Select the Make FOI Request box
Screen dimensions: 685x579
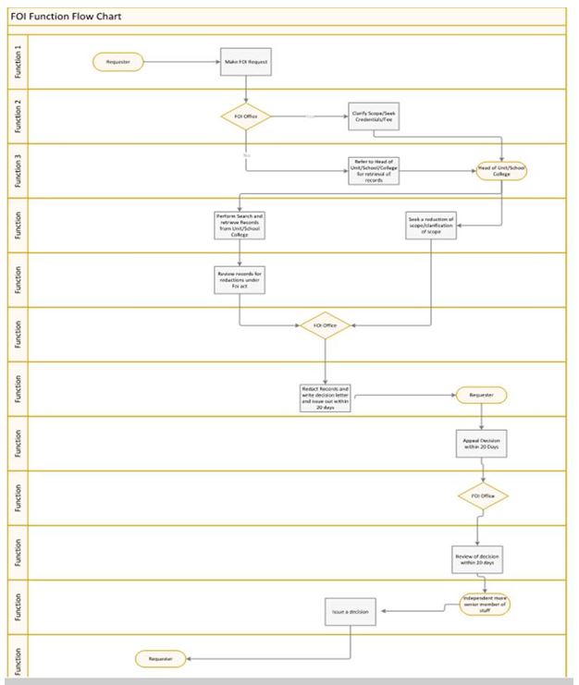tap(247, 62)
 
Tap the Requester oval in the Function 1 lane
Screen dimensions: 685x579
tap(117, 62)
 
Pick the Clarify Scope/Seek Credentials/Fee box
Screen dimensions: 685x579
tap(373, 117)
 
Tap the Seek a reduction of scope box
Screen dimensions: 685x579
tap(432, 225)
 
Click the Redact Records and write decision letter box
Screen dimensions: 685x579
tap(324, 398)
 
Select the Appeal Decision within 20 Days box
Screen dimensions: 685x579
tap(482, 442)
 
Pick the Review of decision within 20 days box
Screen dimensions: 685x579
tap(477, 558)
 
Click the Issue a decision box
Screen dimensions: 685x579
tap(351, 612)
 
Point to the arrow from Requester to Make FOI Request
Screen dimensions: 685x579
tap(180, 62)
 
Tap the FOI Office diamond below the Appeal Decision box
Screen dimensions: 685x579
tap(484, 496)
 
